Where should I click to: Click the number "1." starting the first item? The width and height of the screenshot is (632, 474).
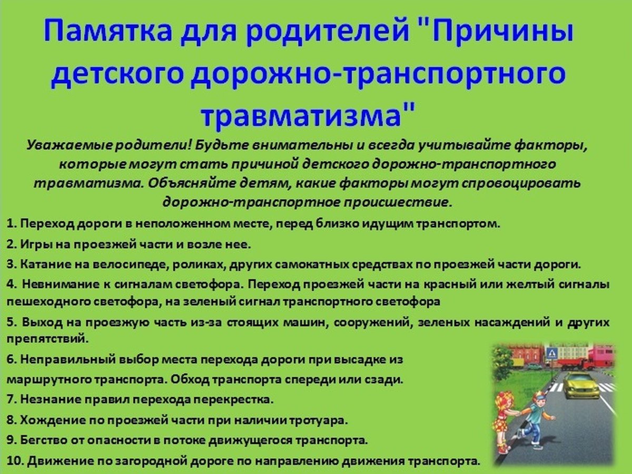pos(12,224)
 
